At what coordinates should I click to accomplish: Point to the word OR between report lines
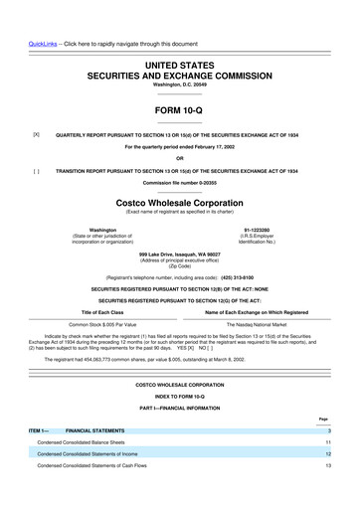(x=179, y=159)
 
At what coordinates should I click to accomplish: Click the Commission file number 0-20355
(x=179, y=184)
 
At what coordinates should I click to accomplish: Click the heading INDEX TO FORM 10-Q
(x=179, y=398)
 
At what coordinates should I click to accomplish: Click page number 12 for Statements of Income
(x=340, y=452)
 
